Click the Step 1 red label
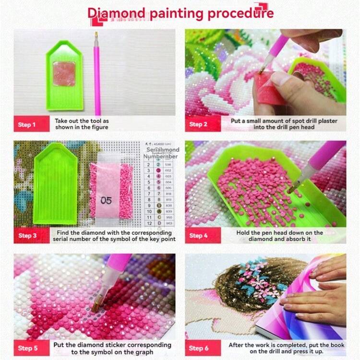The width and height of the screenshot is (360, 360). point(27,125)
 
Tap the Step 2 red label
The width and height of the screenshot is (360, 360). point(198,125)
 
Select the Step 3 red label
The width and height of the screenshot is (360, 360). point(27,236)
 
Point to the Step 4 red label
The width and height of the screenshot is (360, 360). point(198,236)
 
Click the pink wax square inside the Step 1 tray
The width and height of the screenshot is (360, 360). point(64,73)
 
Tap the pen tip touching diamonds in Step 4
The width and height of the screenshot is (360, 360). point(291,190)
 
